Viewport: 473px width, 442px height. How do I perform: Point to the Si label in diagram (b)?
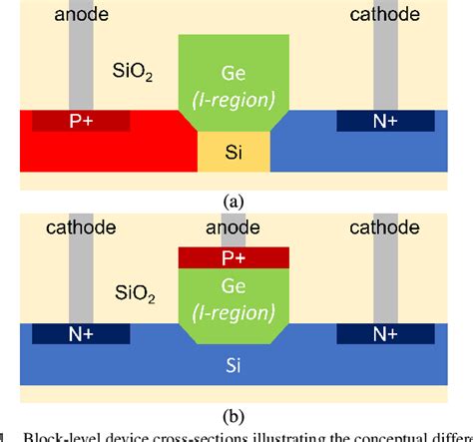tap(234, 365)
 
